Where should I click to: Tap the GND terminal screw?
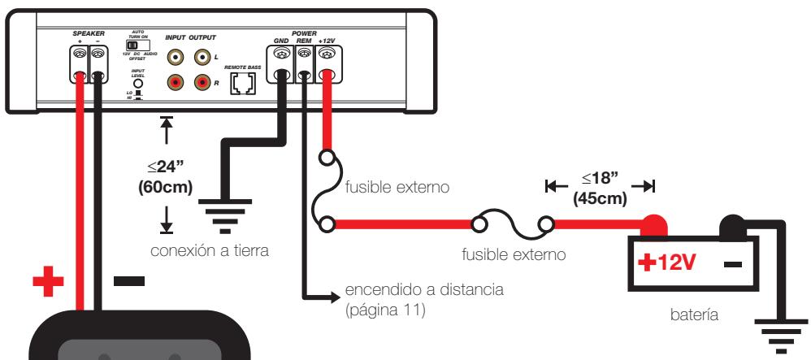click(x=281, y=54)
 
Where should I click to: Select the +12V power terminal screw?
click(x=328, y=54)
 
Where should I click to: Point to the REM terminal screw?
click(x=304, y=54)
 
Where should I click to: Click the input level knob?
click(x=138, y=83)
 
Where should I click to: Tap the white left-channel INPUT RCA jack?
click(x=176, y=59)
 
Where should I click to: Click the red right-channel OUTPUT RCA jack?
click(x=202, y=82)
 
